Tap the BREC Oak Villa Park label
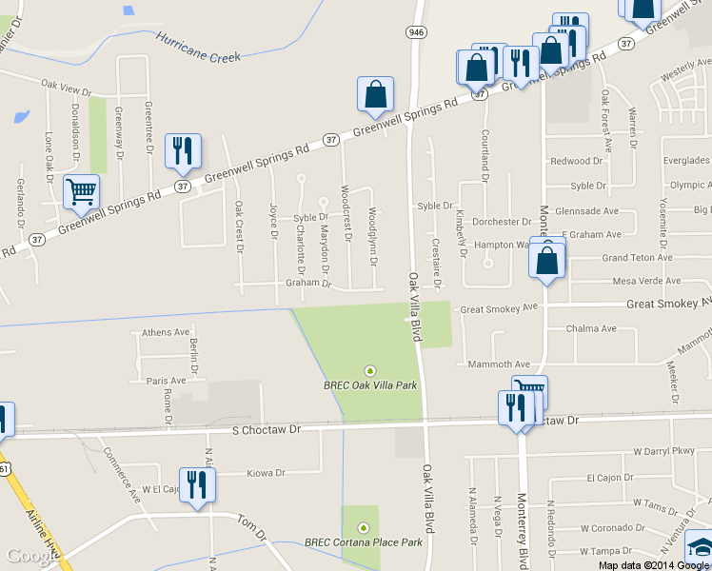pos(370,386)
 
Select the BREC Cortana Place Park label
pos(363,542)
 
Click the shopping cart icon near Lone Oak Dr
pos(81,191)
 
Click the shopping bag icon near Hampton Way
pos(547,260)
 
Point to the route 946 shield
pos(415,32)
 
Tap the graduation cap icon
pos(700,549)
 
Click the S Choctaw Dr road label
pos(267,430)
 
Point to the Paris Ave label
pos(167,380)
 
